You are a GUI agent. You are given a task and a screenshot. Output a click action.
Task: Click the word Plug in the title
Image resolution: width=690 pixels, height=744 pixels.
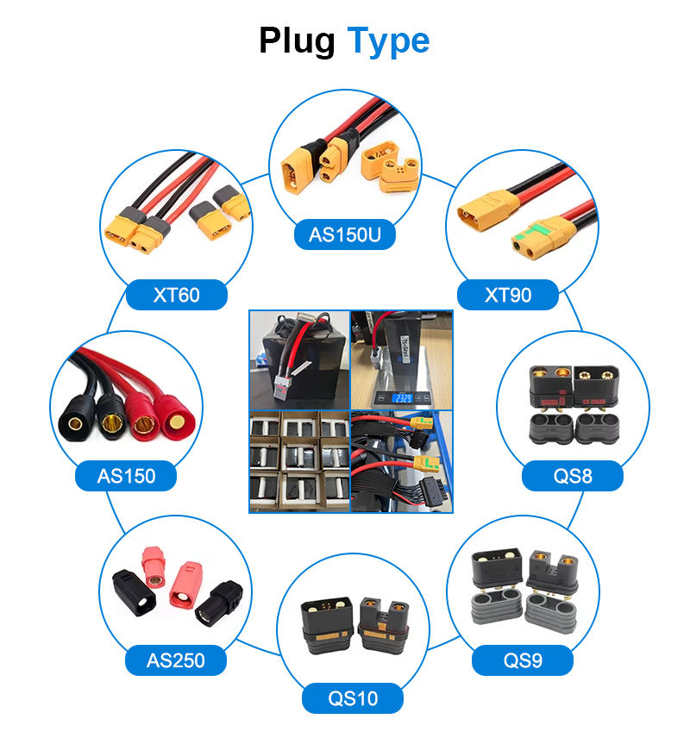(x=298, y=41)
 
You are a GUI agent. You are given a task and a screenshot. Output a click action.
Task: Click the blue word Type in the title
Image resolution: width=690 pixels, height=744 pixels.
(x=388, y=41)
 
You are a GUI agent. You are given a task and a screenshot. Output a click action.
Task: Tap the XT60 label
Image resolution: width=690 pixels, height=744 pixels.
(x=176, y=295)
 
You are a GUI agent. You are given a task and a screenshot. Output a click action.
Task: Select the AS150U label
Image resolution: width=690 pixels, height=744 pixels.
(x=345, y=234)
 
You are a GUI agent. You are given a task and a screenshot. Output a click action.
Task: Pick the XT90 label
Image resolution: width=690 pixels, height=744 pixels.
(x=508, y=295)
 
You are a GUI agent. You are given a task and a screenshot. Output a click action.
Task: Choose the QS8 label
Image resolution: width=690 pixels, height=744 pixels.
(x=573, y=475)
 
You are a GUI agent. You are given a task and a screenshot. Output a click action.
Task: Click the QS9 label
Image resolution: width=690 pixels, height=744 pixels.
(x=523, y=660)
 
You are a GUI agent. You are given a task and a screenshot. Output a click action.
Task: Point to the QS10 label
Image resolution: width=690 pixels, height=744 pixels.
(x=354, y=697)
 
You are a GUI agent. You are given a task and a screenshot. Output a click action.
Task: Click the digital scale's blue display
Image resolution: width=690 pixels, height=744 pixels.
(x=401, y=398)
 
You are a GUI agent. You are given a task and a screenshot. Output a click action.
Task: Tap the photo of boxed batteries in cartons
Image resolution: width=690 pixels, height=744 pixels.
(x=298, y=461)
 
